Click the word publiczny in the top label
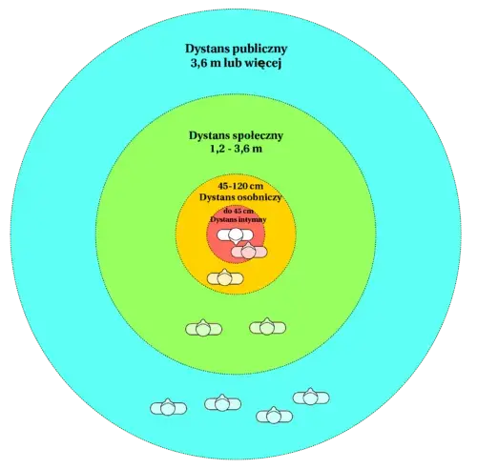260,50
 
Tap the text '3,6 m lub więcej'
237,64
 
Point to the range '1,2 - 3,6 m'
236,149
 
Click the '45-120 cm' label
236,186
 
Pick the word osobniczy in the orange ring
259,197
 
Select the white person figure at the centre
235,235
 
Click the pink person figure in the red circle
249,251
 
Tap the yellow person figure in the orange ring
225,278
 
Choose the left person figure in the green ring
203,328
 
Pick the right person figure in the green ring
267,327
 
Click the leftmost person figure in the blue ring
168,407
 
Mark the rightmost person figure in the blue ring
311,397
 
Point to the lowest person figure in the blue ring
274,416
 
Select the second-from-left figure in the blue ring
222,403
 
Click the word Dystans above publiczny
207,49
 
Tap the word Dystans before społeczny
210,135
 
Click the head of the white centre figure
235,235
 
